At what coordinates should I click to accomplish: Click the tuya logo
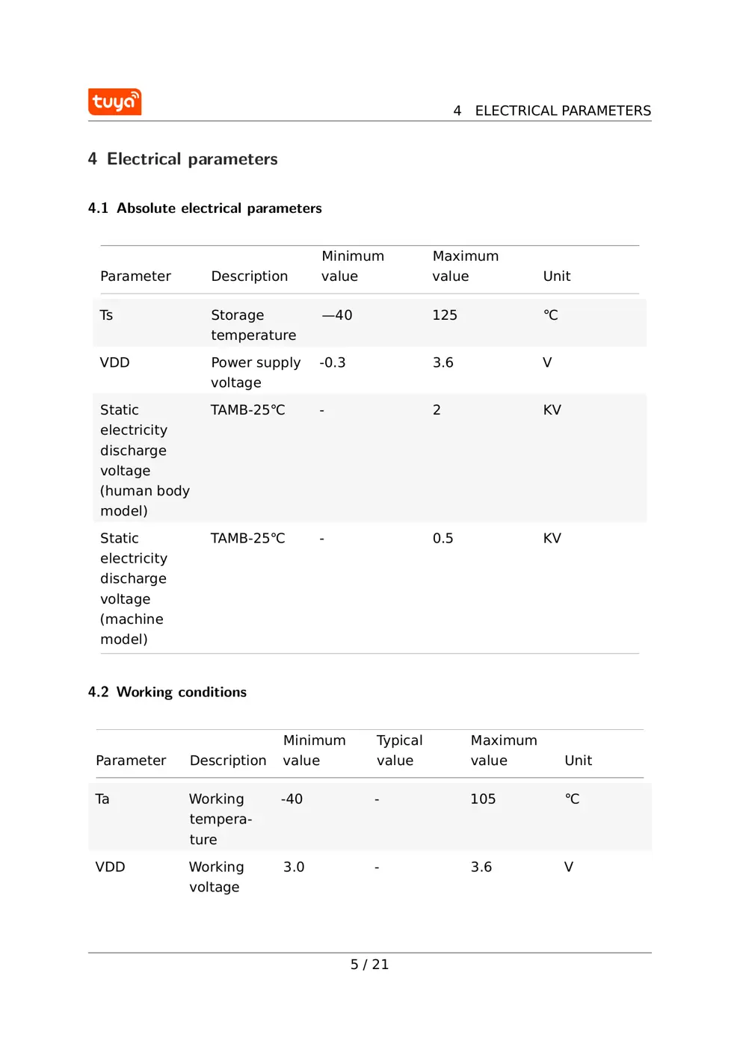tap(114, 102)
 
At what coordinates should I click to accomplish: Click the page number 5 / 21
tap(369, 965)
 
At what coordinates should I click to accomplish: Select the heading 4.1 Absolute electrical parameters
tap(205, 208)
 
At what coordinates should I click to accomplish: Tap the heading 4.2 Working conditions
tap(167, 693)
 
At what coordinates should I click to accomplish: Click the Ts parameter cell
tap(107, 315)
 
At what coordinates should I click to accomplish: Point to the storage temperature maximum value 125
tap(445, 315)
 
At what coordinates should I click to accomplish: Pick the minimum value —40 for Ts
tap(337, 315)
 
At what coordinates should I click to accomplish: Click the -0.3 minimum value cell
tap(333, 363)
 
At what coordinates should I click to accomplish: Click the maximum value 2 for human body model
tap(437, 410)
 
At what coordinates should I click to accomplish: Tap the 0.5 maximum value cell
tap(443, 539)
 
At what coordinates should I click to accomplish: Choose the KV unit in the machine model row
tap(552, 539)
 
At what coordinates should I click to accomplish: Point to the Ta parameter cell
tap(102, 799)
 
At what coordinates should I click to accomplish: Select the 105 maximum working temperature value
tap(483, 799)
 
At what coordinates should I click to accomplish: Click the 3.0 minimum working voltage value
tap(294, 867)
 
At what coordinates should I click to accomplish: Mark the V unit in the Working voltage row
tap(569, 867)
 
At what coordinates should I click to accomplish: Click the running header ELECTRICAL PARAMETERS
tap(562, 111)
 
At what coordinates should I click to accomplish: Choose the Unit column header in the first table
tap(557, 276)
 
